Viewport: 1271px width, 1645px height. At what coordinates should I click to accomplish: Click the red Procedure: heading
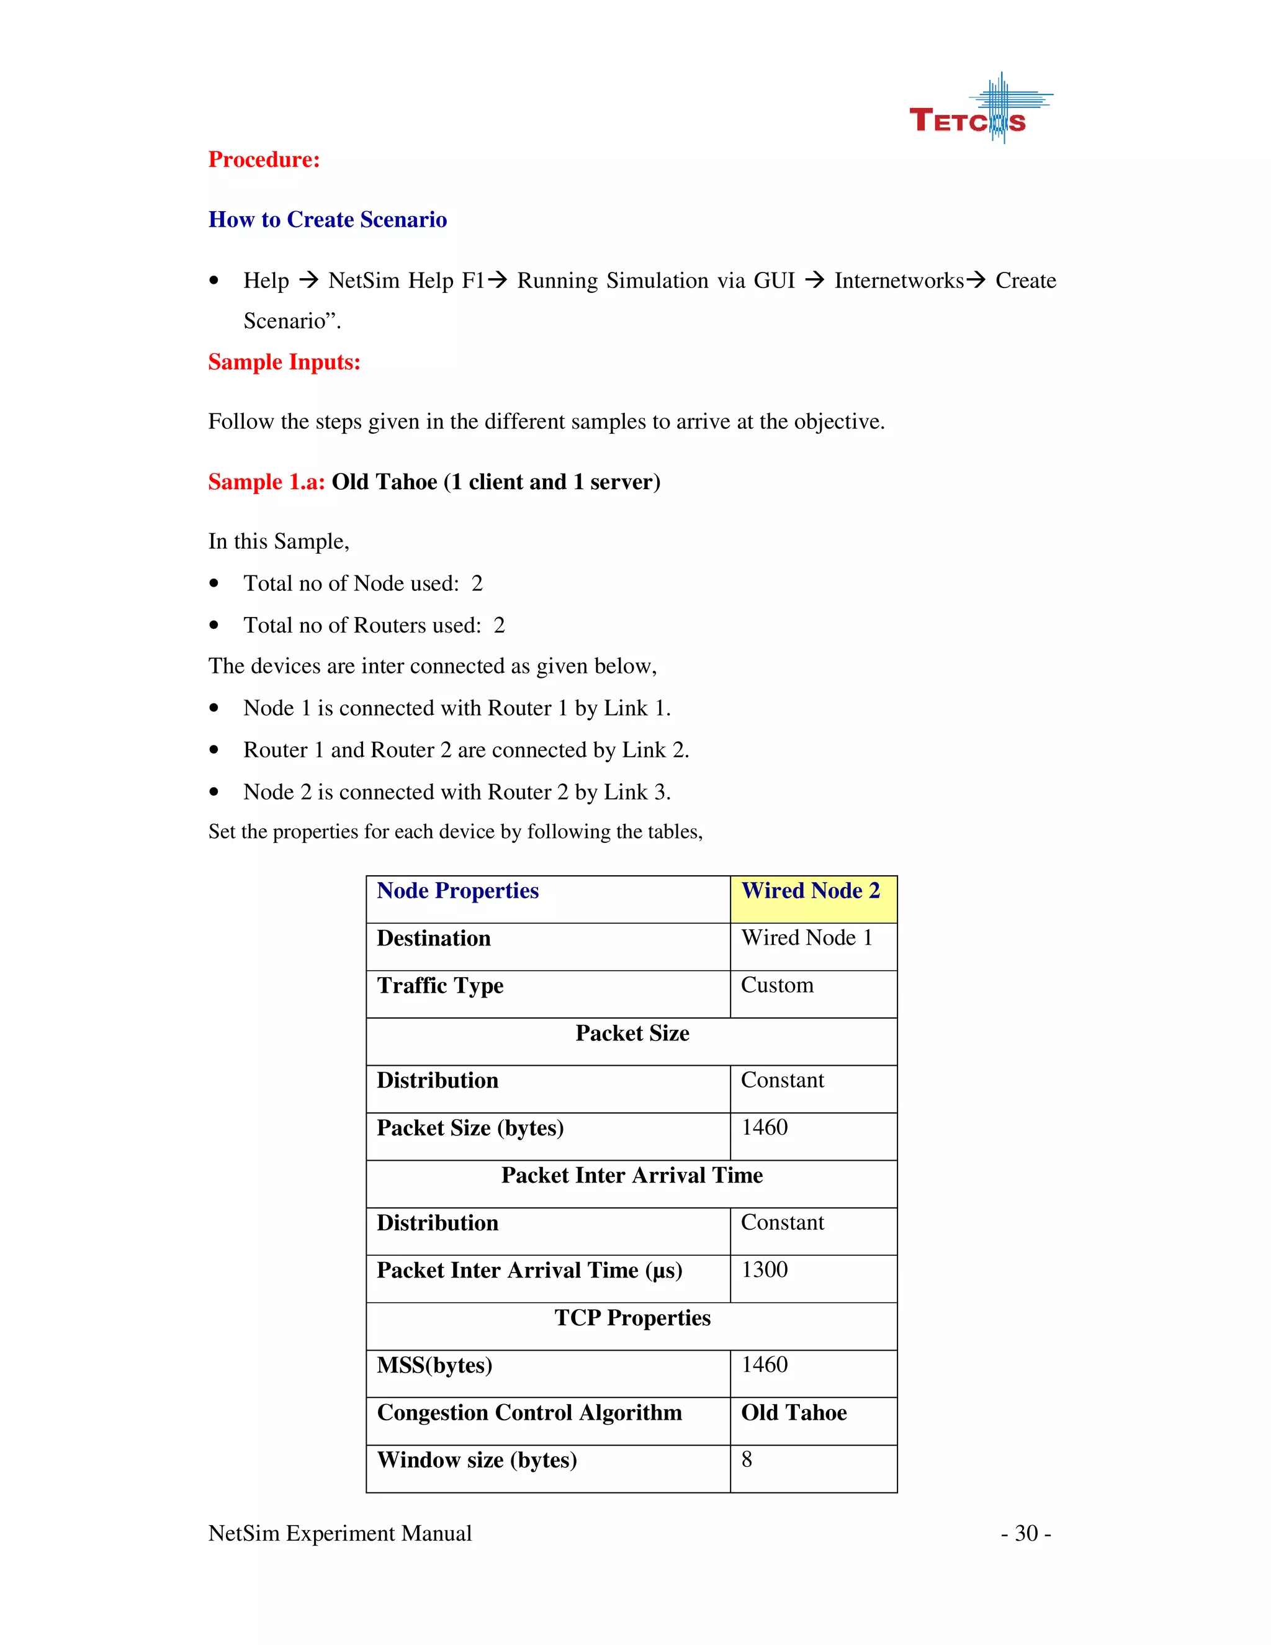point(264,160)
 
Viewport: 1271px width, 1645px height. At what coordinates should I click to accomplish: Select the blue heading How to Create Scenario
point(328,220)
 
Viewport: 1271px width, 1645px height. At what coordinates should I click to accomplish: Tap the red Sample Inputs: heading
point(284,363)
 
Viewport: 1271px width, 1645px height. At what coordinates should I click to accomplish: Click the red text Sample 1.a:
point(266,482)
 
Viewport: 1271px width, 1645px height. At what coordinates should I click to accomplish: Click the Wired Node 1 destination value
point(806,939)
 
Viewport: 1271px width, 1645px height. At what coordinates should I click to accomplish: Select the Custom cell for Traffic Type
point(777,986)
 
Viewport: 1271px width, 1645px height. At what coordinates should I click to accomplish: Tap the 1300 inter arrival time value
point(764,1271)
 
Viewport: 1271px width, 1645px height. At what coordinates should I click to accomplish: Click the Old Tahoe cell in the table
point(794,1413)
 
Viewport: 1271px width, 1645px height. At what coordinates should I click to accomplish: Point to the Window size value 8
point(746,1461)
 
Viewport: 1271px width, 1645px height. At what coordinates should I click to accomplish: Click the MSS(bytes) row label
point(434,1366)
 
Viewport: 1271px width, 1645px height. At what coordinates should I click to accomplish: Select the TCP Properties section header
point(632,1318)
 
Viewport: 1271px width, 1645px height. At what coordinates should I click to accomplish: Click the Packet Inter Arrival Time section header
point(632,1176)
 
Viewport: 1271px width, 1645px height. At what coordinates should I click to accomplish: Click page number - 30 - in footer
point(1025,1533)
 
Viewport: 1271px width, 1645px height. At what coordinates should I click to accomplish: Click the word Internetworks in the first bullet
point(899,281)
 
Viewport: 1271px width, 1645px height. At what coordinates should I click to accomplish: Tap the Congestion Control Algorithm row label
point(529,1413)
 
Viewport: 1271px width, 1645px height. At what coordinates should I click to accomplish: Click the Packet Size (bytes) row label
point(470,1129)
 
